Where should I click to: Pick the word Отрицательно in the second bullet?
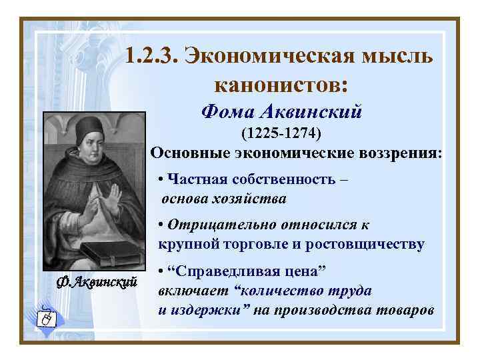(x=217, y=225)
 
